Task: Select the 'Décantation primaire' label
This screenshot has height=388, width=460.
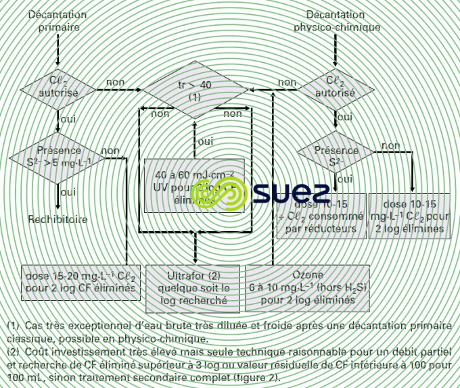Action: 57,21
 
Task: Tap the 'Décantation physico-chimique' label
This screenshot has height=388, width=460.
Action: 336,21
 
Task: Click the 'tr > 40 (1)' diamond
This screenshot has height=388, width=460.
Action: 195,90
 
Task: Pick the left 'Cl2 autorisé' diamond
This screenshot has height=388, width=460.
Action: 58,87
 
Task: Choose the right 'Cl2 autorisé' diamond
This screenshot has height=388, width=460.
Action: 336,87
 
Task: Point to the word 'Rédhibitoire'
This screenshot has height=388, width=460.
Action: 57,219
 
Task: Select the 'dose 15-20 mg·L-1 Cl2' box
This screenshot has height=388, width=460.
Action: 80,282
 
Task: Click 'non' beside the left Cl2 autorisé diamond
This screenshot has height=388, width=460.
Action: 115,82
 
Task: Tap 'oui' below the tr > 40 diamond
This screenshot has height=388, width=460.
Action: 205,141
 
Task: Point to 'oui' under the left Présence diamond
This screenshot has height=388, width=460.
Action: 68,192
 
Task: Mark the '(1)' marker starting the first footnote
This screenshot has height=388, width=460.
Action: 13,326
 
